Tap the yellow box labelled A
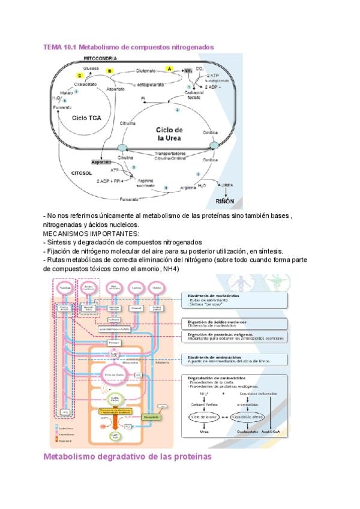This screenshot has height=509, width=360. (x=169, y=70)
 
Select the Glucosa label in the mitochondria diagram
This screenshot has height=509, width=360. (x=92, y=68)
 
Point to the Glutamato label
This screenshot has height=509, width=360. (x=146, y=70)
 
